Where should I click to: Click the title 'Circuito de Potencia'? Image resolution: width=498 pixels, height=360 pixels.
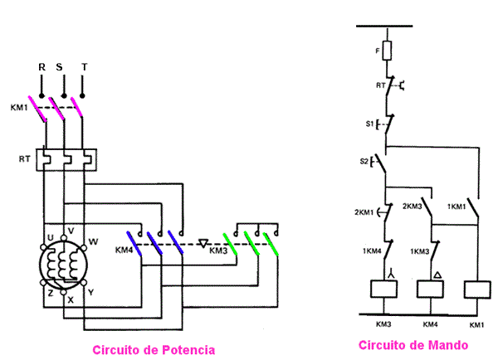pos(154,350)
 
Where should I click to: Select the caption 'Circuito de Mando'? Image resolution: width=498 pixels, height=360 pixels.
pos(413,344)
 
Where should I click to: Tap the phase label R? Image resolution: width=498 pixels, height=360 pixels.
pos(41,66)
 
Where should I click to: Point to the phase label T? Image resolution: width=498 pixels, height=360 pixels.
pos(84,66)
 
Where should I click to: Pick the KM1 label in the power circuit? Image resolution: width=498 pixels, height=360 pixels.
pos(19,108)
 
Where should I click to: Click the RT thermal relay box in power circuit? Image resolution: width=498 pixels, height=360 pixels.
pos(66,159)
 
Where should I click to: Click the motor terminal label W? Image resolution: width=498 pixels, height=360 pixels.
pos(92,242)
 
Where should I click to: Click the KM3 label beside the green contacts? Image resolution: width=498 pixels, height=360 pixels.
pos(218,250)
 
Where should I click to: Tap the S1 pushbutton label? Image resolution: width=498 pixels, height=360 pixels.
pos(370,124)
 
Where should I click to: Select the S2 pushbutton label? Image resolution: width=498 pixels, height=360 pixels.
pos(365,160)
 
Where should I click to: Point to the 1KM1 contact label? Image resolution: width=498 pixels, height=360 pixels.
pos(456,206)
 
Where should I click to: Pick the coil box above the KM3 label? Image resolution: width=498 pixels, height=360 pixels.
pos(384,289)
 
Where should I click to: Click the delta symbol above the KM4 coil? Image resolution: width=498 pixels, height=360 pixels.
pos(433,271)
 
